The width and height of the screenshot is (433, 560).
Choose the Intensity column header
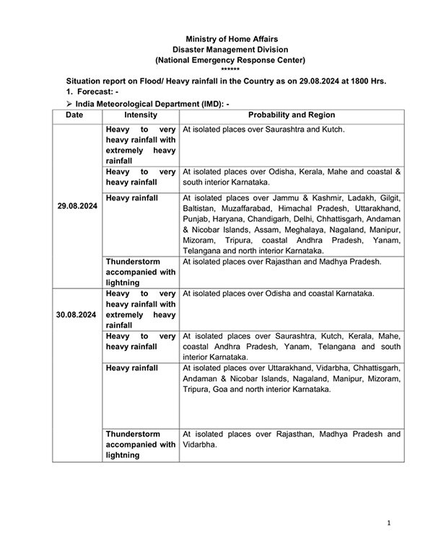140,115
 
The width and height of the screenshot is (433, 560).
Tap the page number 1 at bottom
388,522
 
